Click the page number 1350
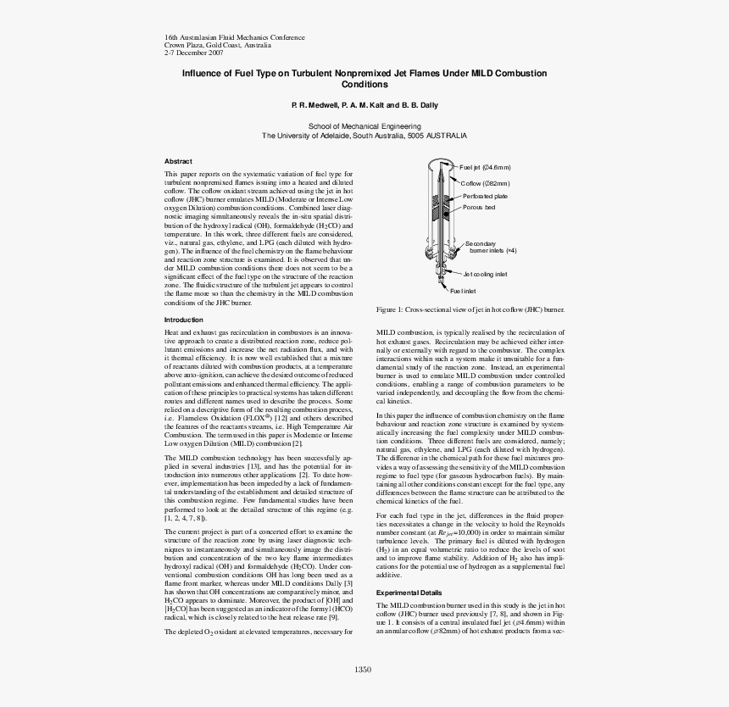(x=364, y=670)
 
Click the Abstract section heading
(x=178, y=161)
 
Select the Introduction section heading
(x=183, y=320)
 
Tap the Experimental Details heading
(x=409, y=593)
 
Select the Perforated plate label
(x=485, y=196)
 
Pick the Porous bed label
(x=479, y=208)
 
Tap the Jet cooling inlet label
(x=485, y=275)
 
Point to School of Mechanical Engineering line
(x=364, y=125)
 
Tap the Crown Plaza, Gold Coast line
(x=206, y=45)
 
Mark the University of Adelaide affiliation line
(x=364, y=136)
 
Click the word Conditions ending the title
(x=364, y=85)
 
